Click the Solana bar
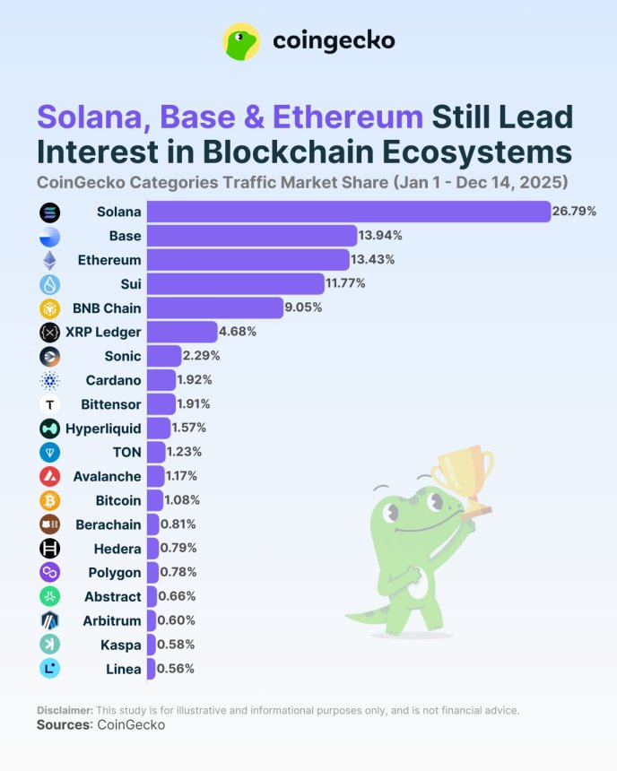pyautogui.click(x=348, y=212)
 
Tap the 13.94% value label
pyautogui.click(x=381, y=236)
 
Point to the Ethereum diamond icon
pyautogui.click(x=49, y=260)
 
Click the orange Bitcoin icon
pyautogui.click(x=49, y=500)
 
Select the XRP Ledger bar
pyautogui.click(x=182, y=332)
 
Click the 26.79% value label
pyautogui.click(x=575, y=212)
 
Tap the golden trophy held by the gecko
pyautogui.click(x=462, y=475)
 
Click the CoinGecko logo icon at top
pyautogui.click(x=241, y=41)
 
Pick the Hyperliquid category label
pyautogui.click(x=103, y=429)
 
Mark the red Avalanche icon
pyautogui.click(x=49, y=476)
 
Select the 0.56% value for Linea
pyautogui.click(x=176, y=669)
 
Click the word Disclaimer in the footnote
pyautogui.click(x=65, y=710)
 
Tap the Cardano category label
pyautogui.click(x=113, y=380)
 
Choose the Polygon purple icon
pyautogui.click(x=49, y=572)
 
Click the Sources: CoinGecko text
pyautogui.click(x=100, y=724)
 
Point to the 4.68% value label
pyautogui.click(x=238, y=332)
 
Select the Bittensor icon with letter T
pyautogui.click(x=49, y=404)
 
